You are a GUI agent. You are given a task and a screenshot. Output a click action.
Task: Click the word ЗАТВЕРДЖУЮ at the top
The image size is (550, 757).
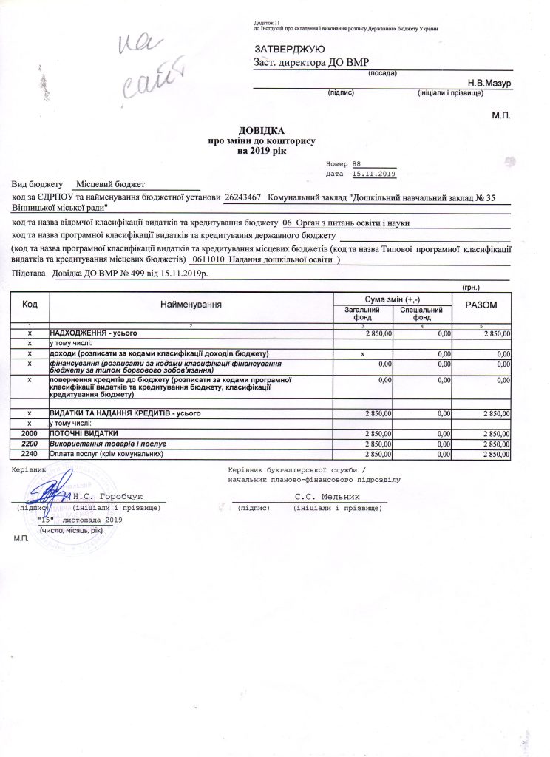[x=285, y=49]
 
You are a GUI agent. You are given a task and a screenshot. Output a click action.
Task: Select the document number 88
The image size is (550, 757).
[x=357, y=163]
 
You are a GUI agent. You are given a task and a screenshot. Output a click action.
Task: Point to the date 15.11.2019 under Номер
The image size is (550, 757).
[x=375, y=174]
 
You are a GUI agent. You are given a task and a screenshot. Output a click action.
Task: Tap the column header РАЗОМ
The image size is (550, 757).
[x=481, y=305]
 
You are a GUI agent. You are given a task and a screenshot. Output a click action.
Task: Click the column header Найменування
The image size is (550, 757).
[x=191, y=304]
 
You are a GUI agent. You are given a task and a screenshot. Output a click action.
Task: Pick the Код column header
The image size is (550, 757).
[x=30, y=304]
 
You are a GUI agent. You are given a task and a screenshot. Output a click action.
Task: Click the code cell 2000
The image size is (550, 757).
[x=30, y=432]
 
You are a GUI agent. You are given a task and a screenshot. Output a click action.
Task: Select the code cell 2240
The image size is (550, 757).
[x=30, y=453]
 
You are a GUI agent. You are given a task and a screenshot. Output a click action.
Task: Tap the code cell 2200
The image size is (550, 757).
[x=30, y=443]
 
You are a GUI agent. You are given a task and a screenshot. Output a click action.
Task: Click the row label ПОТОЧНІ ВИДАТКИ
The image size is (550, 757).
[x=83, y=432]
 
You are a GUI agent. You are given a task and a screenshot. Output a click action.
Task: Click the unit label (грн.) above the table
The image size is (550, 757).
[x=470, y=286]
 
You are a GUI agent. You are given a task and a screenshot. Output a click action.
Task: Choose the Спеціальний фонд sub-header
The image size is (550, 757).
[x=421, y=313]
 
